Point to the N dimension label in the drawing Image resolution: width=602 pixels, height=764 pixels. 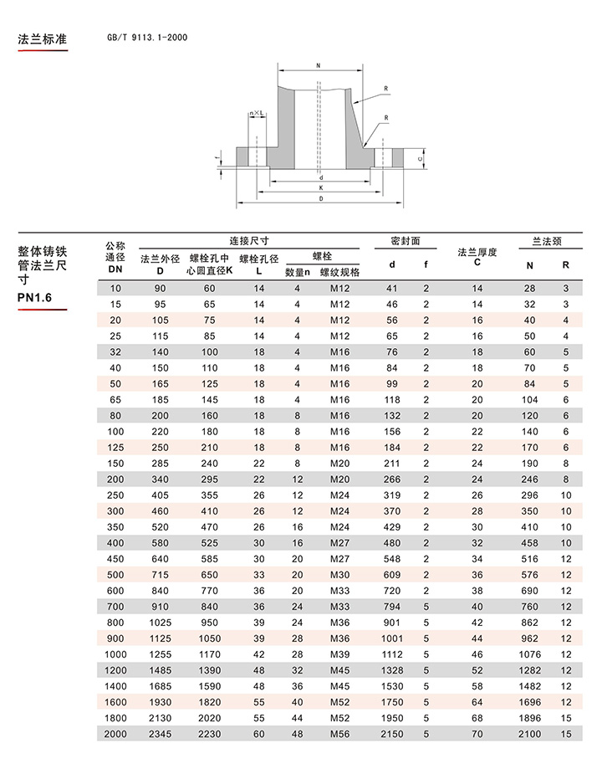click(x=319, y=65)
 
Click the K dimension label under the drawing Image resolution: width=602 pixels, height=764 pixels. click(x=321, y=188)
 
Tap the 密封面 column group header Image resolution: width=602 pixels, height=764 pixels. click(x=406, y=241)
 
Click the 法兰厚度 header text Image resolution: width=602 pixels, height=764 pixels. click(x=477, y=252)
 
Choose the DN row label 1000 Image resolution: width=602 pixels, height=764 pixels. click(x=115, y=654)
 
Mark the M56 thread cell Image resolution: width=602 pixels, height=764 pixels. click(x=339, y=734)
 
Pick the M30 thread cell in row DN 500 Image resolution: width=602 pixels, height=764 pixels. click(x=339, y=575)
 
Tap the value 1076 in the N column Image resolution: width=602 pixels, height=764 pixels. click(x=529, y=654)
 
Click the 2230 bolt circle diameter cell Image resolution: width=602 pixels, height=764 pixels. click(x=210, y=734)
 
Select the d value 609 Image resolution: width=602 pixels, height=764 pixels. click(x=391, y=575)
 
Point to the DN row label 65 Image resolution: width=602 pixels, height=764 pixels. click(x=115, y=400)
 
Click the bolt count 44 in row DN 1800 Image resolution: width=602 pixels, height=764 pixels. click(x=297, y=718)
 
